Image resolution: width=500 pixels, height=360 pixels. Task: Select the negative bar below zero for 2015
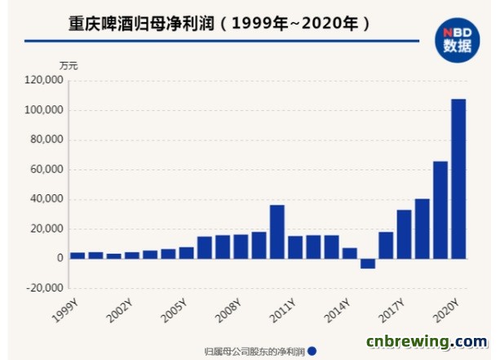coord(367,263)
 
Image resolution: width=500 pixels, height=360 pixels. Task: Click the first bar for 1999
coord(77,255)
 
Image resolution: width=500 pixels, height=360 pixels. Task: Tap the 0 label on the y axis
coord(59,258)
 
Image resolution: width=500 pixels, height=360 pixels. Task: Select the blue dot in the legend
coord(312,352)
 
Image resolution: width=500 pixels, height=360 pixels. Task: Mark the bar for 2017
coord(404,234)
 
